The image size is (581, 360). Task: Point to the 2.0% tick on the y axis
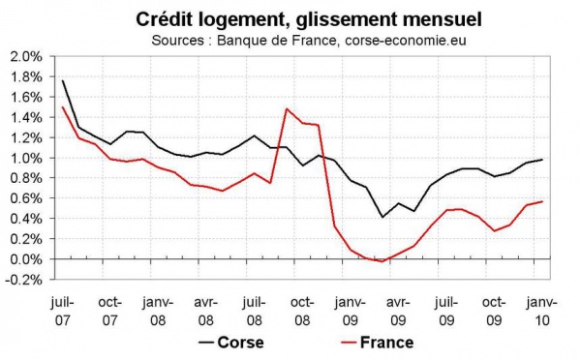coord(25,56)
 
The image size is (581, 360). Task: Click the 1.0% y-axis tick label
coord(25,158)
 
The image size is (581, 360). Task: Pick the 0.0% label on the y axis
coord(25,259)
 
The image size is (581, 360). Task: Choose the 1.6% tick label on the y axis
coord(25,97)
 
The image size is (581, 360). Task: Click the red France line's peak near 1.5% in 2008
coord(287,108)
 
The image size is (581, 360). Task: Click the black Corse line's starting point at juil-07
coord(63,80)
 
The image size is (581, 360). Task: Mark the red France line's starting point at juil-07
coord(63,106)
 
